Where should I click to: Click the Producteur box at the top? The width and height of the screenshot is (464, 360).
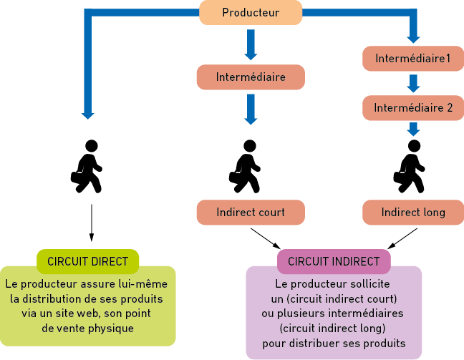(251, 12)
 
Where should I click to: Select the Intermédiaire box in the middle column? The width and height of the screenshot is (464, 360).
(251, 77)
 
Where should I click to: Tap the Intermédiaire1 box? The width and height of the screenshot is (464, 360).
(413, 58)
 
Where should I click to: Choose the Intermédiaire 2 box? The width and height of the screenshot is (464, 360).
(413, 107)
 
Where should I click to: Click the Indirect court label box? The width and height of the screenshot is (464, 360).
(251, 213)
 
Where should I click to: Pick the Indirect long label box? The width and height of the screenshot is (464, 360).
(413, 213)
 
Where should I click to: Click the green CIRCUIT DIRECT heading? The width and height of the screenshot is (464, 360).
(87, 261)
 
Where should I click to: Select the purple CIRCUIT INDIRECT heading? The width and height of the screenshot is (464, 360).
(334, 261)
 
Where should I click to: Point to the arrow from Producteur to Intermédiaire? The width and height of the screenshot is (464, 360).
(251, 45)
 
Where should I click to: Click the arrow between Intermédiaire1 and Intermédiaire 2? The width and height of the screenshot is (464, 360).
(413, 83)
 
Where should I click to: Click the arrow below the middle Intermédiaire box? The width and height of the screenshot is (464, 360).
(251, 109)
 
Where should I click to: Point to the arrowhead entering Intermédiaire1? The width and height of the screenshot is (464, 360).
(413, 39)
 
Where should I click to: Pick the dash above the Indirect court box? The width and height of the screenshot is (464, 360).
(238, 172)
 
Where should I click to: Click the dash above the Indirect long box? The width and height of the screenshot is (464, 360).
(402, 172)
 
